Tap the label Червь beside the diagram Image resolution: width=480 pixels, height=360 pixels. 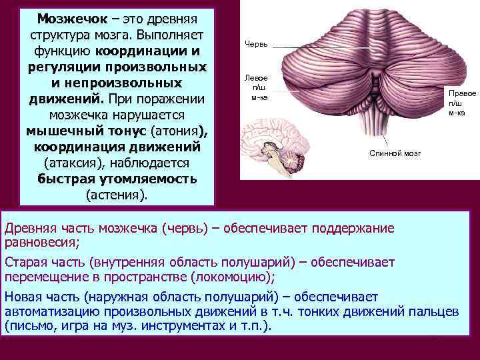pos(257,45)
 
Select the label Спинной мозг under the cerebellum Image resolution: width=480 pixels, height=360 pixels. pos(395,153)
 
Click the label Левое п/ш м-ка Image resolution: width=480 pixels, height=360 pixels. pos(259,87)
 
